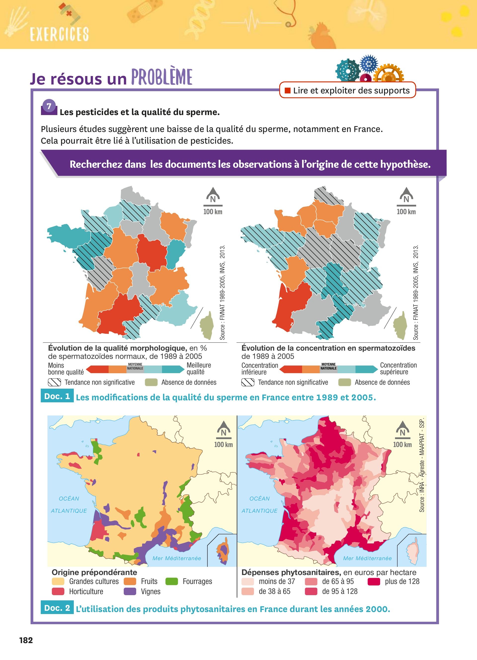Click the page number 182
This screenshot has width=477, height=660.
click(26, 640)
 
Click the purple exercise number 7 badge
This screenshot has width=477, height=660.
click(49, 107)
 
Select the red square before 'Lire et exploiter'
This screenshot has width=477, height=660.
click(288, 90)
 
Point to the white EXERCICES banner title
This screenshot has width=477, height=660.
click(59, 34)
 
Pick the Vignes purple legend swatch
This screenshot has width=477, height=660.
click(130, 591)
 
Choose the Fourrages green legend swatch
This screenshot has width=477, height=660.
click(172, 581)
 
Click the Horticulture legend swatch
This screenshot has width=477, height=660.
click(58, 591)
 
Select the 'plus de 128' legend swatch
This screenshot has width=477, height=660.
click(374, 581)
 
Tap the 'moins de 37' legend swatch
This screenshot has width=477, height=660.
click(248, 581)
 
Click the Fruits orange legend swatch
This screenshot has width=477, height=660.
click(130, 581)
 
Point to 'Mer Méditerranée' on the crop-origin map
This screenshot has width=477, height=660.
click(177, 558)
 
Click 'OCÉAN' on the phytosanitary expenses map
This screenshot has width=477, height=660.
click(259, 499)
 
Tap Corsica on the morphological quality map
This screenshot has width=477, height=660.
click(207, 326)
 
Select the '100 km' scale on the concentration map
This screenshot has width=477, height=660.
click(406, 211)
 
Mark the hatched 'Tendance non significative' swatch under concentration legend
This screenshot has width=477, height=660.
click(248, 382)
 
